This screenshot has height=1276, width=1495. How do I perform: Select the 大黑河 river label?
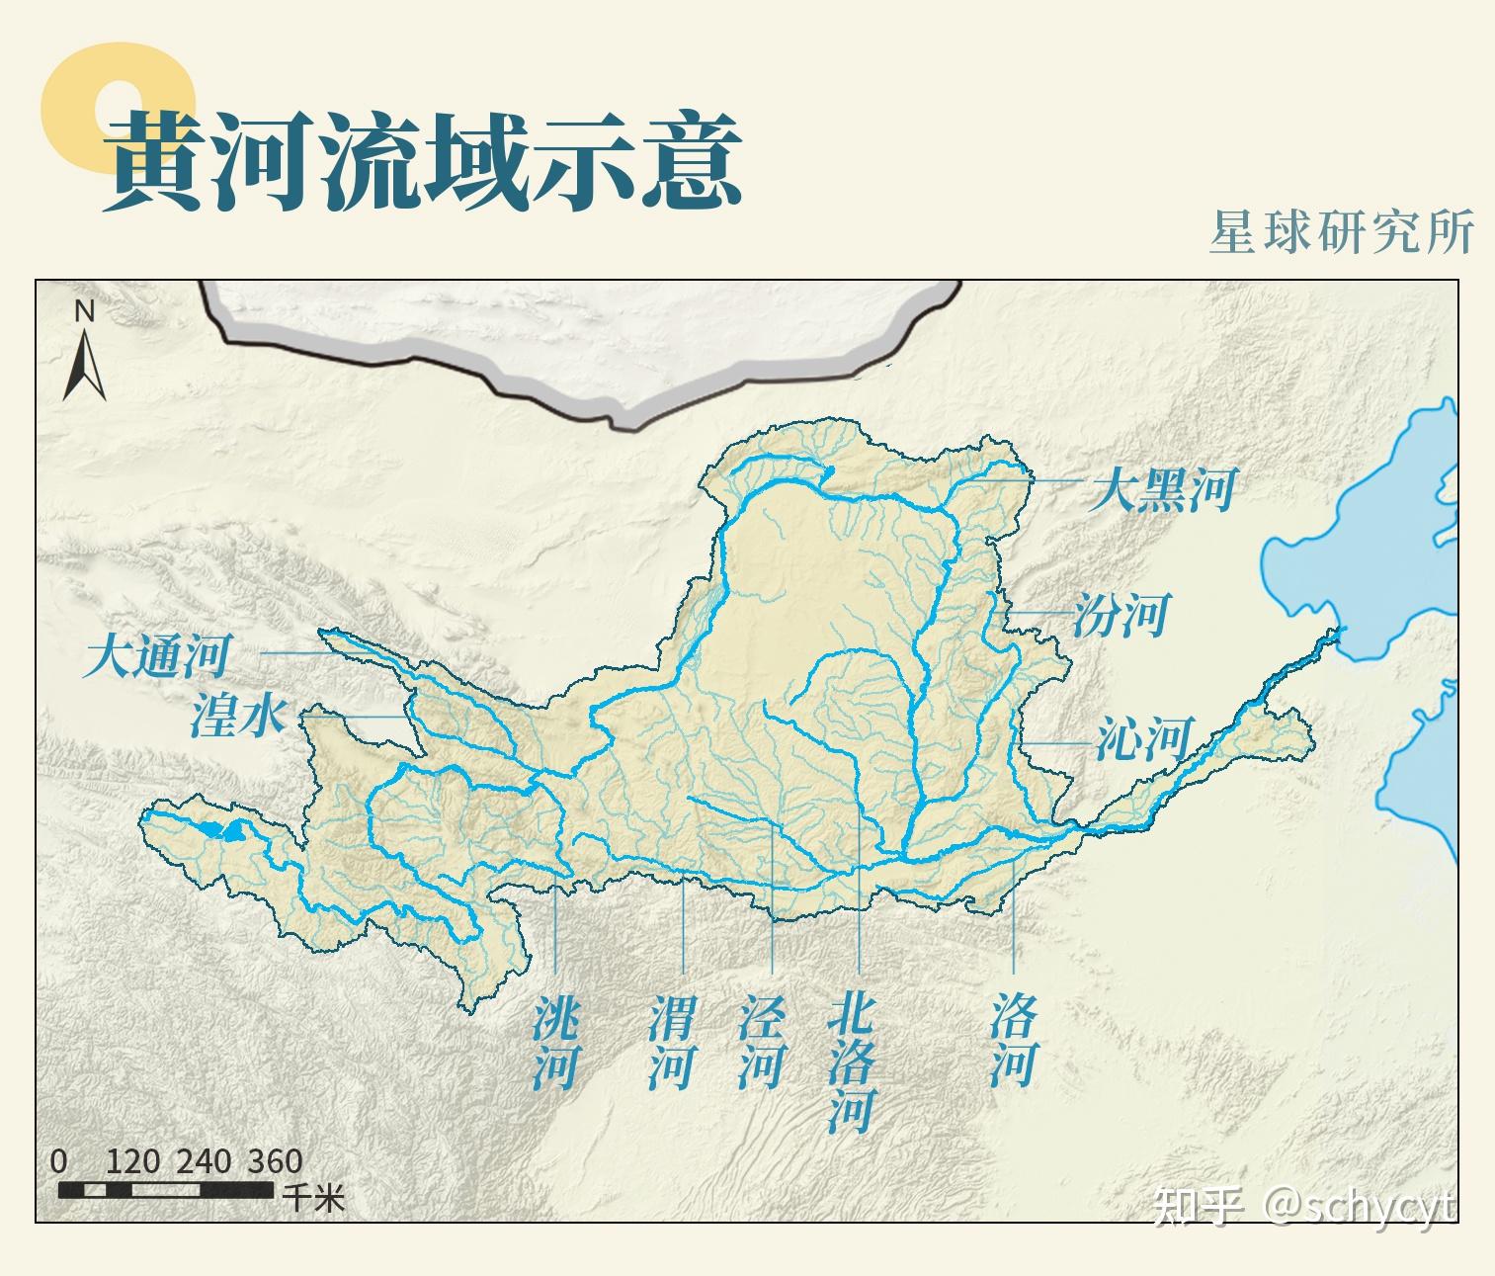coord(1162,490)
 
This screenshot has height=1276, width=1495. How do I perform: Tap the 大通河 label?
coord(158,657)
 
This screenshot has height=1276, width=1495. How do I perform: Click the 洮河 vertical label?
coord(555,1042)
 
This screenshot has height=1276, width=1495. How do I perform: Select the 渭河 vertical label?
coord(672,1042)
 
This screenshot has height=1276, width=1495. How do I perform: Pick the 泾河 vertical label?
coord(761,1042)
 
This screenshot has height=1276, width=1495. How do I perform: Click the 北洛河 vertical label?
coord(852,1063)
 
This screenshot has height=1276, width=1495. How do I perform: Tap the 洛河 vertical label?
coord(1014,1042)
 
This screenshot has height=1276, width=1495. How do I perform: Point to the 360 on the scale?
coord(275,1161)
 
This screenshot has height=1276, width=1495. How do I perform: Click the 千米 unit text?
coord(314,1198)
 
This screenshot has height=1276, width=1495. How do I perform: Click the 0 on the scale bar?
coord(59,1161)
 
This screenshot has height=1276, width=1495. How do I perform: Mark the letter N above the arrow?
coord(85,312)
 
